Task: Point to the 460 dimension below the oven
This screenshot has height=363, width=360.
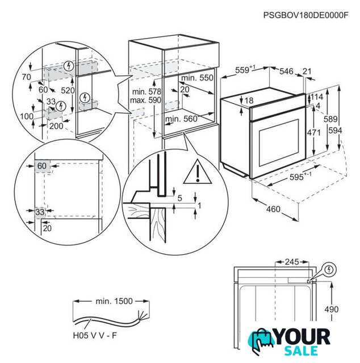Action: pos(273,210)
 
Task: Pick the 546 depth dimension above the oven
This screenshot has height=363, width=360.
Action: pos(286,71)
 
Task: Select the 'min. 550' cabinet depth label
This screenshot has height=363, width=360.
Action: pos(196,78)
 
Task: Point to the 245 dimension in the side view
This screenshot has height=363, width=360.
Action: pos(291,263)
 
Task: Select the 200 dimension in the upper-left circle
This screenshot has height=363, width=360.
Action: pos(56,126)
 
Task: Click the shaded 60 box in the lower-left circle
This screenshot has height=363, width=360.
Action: pos(42,166)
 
